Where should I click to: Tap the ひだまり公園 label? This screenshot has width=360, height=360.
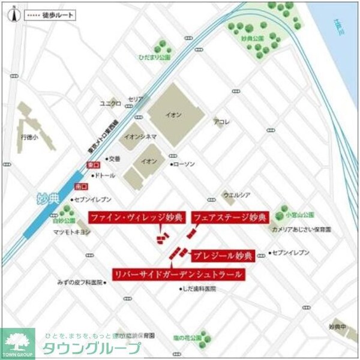click(x=154, y=58)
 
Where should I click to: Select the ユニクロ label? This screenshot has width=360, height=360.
click(x=110, y=103)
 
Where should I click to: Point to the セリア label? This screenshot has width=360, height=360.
click(x=136, y=99)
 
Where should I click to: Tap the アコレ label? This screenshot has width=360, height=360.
click(x=220, y=122)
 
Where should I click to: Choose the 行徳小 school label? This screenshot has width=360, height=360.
click(x=27, y=137)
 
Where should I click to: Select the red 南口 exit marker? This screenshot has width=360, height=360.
click(x=81, y=186)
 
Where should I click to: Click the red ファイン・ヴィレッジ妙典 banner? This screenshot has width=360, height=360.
click(x=137, y=217)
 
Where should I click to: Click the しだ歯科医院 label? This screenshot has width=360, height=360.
click(x=200, y=289)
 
